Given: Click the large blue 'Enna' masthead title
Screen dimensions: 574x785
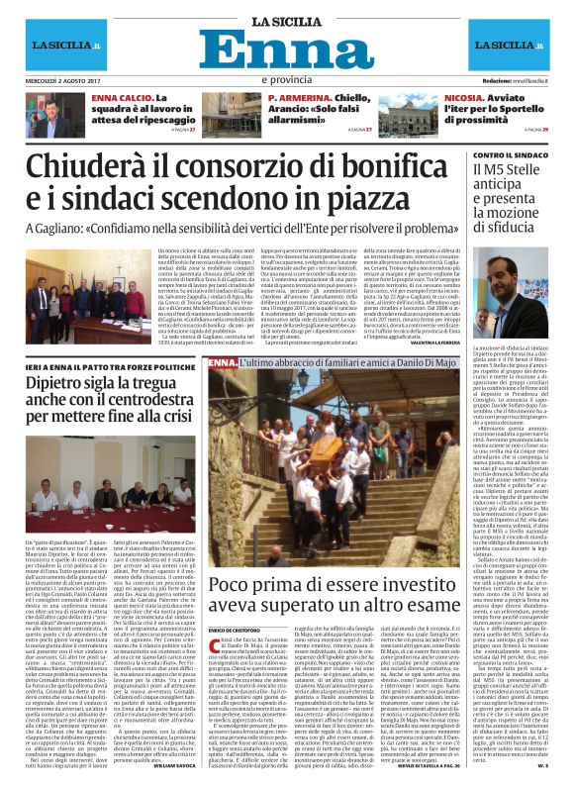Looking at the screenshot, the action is tap(288, 49).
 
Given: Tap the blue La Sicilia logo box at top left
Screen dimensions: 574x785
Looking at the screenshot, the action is tap(61, 47).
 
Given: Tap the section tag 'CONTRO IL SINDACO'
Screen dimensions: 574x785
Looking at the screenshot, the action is tap(512, 156).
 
